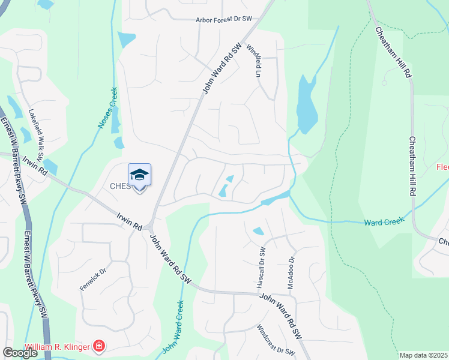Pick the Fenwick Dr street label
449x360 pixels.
tap(92, 280)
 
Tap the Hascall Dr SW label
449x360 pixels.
tap(262, 268)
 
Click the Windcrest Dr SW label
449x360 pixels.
tap(276, 340)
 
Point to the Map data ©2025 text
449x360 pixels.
tap(423, 355)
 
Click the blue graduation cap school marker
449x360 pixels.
tap(139, 175)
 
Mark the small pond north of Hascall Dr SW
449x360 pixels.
tap(258, 231)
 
